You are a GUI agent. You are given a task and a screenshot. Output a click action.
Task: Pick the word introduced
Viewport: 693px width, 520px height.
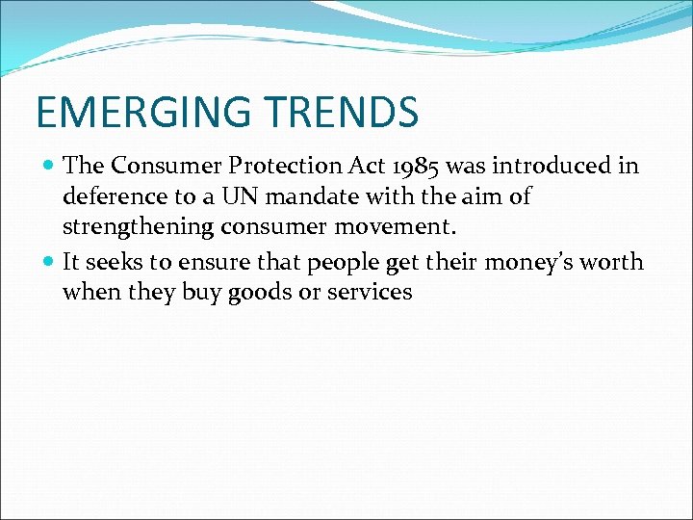[564, 167]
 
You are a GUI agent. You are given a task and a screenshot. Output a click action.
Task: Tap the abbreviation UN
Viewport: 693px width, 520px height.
[242, 197]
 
